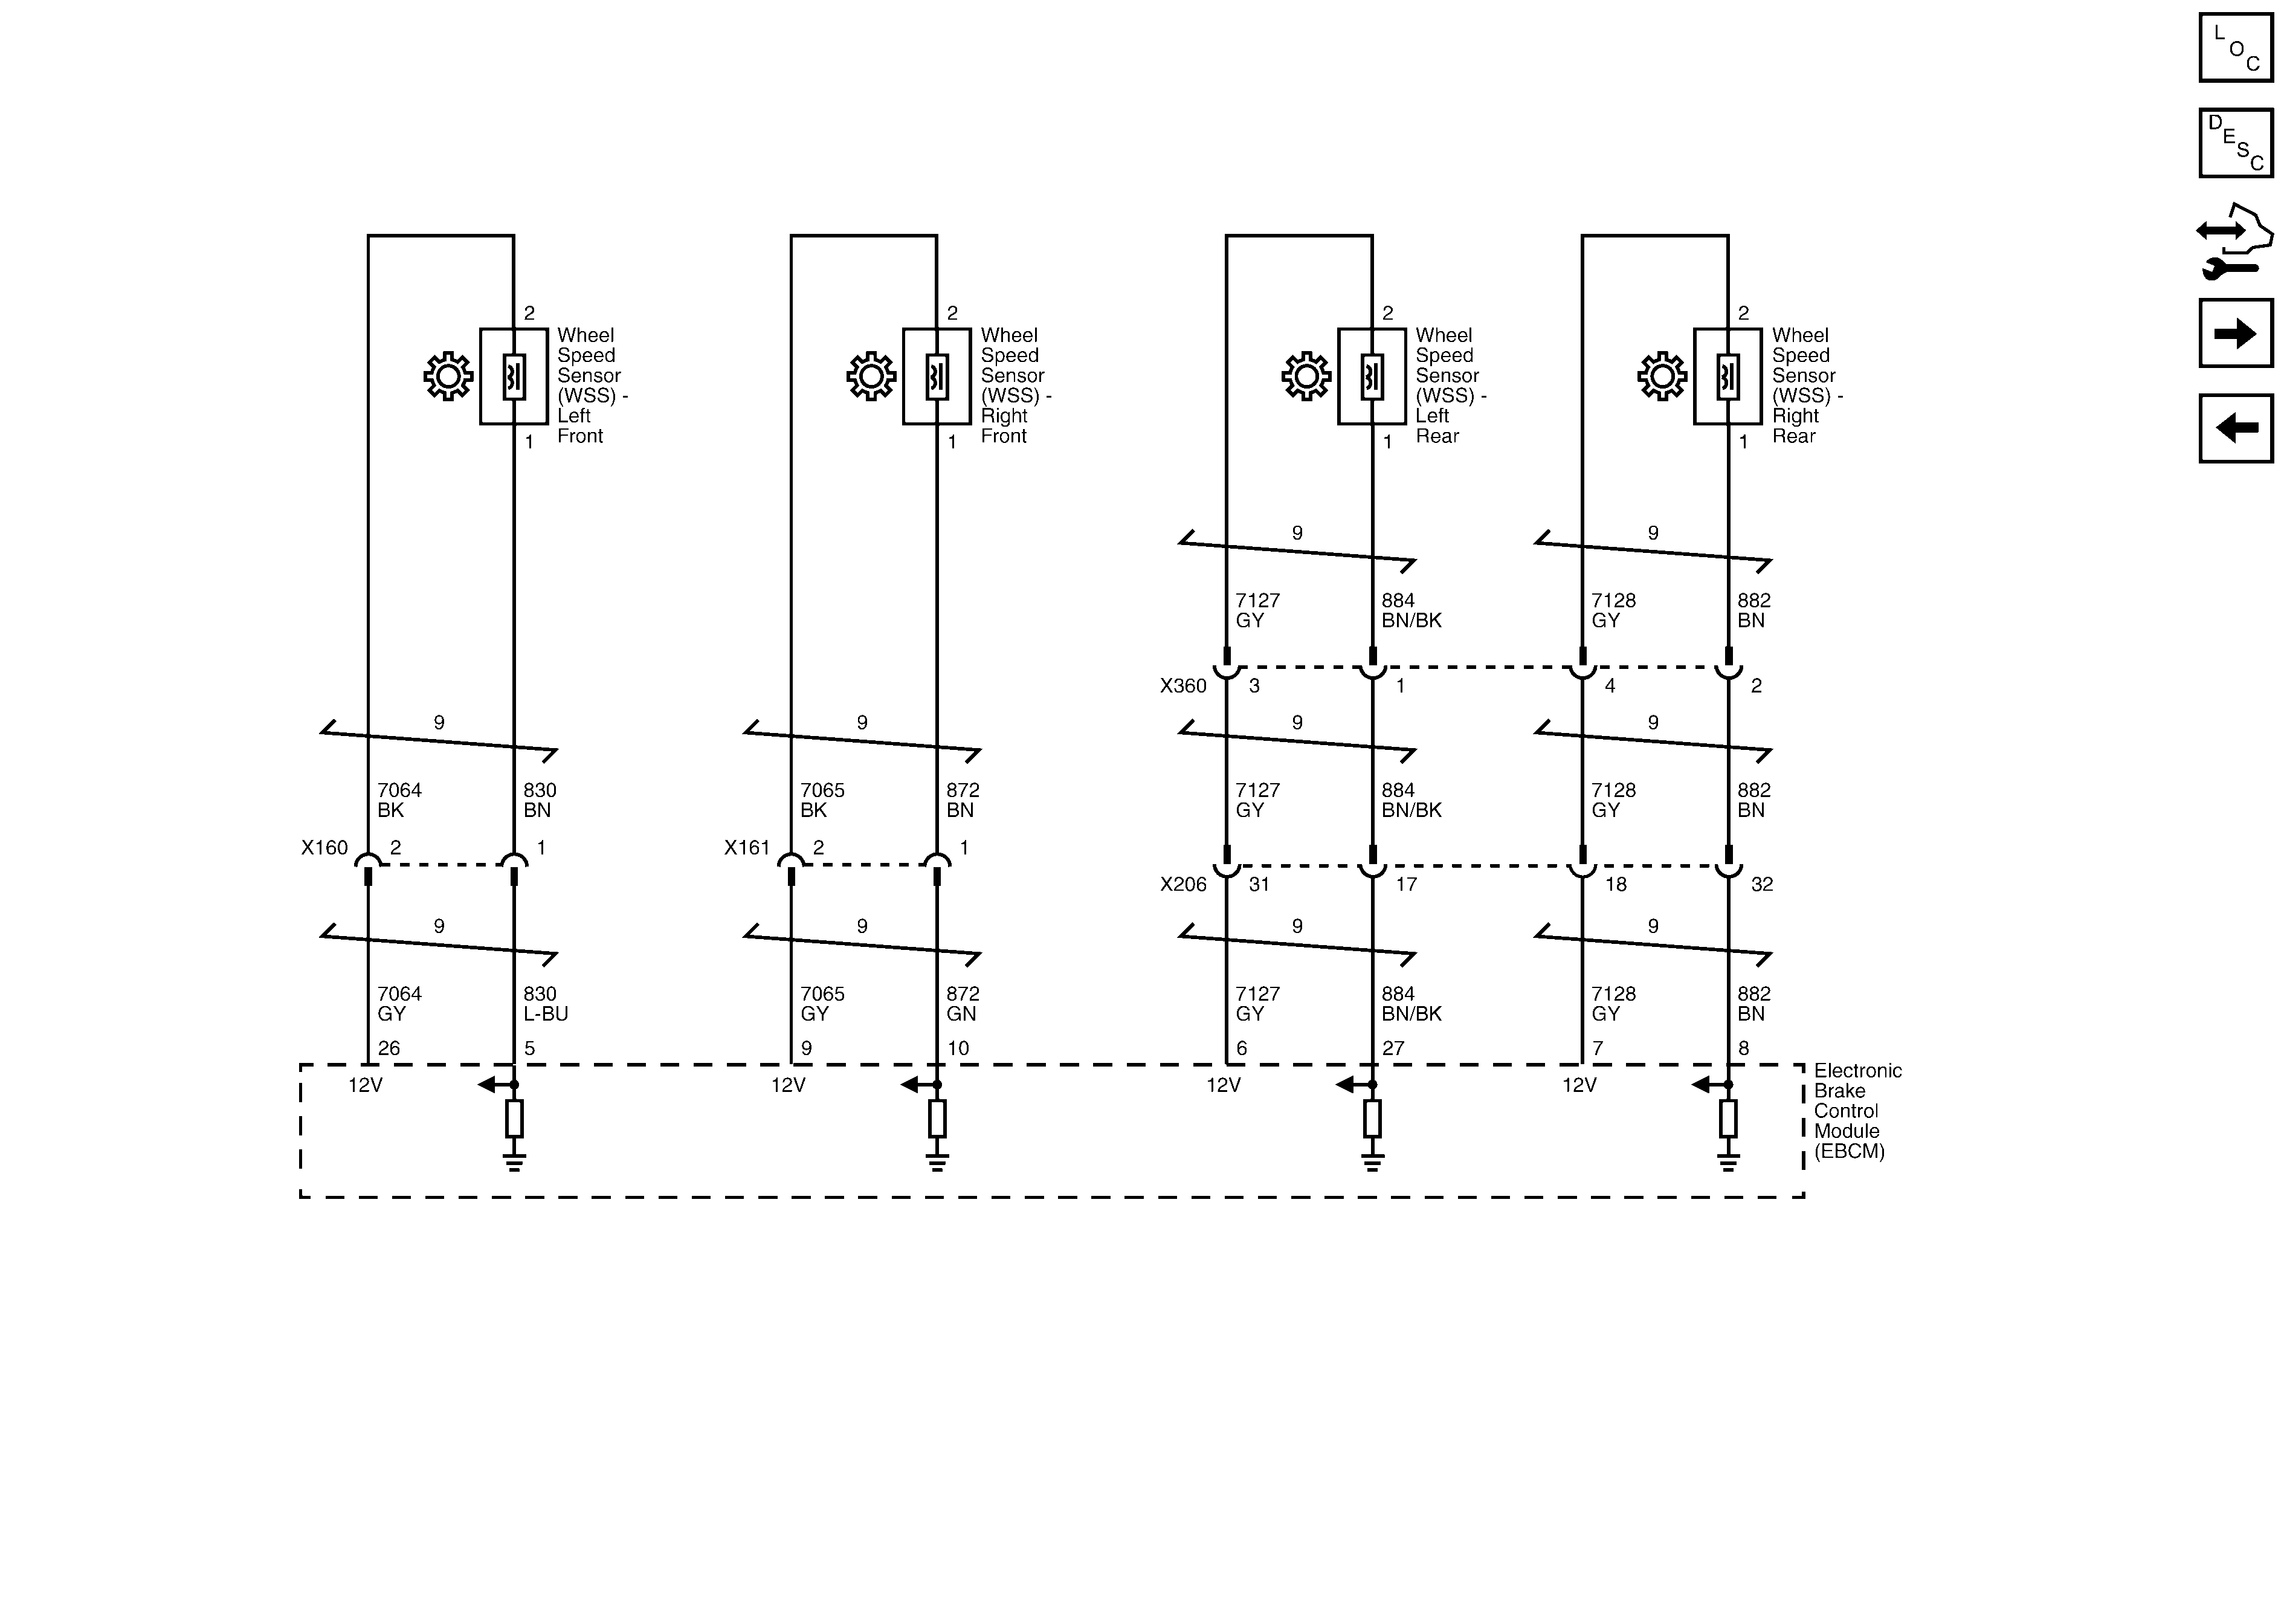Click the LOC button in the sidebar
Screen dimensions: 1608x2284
(x=2235, y=47)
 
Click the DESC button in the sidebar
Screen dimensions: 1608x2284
(x=2235, y=143)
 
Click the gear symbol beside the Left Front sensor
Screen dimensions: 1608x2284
(x=448, y=376)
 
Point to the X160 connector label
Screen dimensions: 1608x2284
(x=324, y=848)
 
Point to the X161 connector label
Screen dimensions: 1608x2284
(x=747, y=848)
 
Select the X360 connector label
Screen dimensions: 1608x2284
(x=1183, y=686)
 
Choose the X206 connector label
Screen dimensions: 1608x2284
(x=1183, y=883)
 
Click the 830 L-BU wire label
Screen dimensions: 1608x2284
(x=545, y=1003)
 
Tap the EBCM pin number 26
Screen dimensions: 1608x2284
(x=389, y=1048)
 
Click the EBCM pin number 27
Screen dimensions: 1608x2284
(x=1393, y=1048)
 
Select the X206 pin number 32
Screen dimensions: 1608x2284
(x=1762, y=883)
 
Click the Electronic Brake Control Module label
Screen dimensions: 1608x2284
(x=1856, y=1111)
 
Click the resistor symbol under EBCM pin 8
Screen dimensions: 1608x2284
(x=1728, y=1119)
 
